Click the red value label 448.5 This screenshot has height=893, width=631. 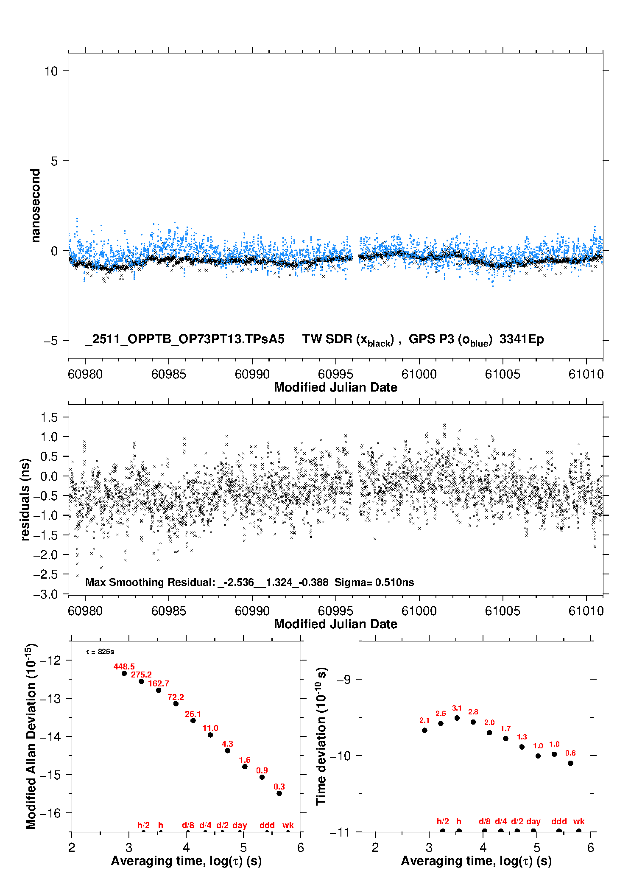point(124,666)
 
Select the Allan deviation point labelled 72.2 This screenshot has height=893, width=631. point(176,704)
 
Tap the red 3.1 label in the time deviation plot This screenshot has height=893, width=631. point(457,708)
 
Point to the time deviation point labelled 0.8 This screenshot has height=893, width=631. point(570,763)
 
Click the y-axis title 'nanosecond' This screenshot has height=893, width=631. point(35,206)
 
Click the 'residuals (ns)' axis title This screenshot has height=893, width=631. point(25,499)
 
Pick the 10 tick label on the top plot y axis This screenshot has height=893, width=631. point(51,71)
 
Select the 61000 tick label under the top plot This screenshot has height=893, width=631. point(419,374)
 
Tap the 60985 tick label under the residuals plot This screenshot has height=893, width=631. point(168,611)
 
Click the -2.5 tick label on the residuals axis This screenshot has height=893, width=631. point(45,574)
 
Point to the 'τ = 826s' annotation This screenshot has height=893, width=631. point(100,652)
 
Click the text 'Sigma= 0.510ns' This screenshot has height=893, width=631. point(374,582)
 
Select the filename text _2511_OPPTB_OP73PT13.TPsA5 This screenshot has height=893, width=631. point(184,339)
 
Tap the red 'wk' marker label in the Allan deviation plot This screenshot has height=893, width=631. point(288,825)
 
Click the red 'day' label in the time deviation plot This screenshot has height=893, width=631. point(533,821)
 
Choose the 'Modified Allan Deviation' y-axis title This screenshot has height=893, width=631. point(31,736)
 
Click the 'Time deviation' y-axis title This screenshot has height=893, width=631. point(321,736)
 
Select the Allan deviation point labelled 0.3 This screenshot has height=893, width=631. point(279,793)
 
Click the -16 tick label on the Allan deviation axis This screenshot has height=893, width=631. point(50,813)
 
